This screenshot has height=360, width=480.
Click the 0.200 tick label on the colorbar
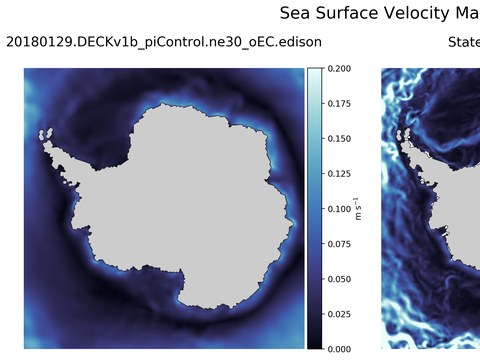point(339,69)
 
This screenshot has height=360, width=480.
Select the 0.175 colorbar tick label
point(339,104)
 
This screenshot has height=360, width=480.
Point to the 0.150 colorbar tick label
point(339,139)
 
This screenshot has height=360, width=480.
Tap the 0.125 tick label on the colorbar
point(339,174)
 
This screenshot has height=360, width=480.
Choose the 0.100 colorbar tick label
point(339,209)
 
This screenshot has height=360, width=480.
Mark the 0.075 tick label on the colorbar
point(339,244)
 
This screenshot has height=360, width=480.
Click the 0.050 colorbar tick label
point(339,279)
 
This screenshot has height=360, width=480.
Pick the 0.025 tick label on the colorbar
point(339,314)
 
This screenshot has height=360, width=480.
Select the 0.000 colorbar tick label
point(339,349)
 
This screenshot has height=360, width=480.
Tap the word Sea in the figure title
point(296,14)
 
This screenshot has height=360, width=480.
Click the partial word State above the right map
point(463,43)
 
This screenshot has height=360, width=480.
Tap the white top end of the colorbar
point(314,72)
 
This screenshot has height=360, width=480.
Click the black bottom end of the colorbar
point(314,345)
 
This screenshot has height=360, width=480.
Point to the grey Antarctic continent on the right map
point(440,200)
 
